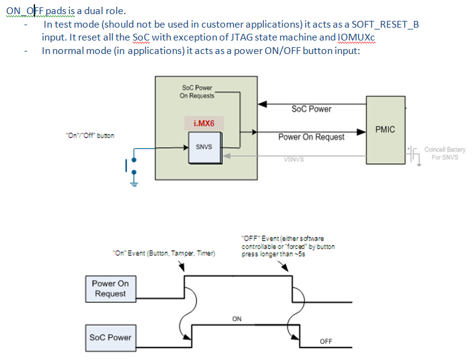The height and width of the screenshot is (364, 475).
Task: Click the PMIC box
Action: (x=385, y=130)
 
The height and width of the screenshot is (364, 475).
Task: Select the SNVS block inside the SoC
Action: (x=204, y=147)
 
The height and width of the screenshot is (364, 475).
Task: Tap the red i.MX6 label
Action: (x=203, y=123)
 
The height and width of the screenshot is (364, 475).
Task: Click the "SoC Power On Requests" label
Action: (x=197, y=91)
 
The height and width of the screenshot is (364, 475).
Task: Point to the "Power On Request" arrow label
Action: (x=311, y=137)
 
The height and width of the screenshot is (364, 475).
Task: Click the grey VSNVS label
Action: (x=294, y=159)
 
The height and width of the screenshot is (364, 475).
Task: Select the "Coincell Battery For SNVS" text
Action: (x=444, y=153)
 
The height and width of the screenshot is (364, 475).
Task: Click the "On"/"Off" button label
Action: (x=90, y=136)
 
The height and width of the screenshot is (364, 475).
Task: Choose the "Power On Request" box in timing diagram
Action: (x=110, y=288)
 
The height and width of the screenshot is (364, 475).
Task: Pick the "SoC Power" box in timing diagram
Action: (x=110, y=337)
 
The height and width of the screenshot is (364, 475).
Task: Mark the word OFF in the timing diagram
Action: (x=325, y=342)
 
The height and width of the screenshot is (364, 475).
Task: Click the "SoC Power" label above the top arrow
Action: (x=311, y=109)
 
